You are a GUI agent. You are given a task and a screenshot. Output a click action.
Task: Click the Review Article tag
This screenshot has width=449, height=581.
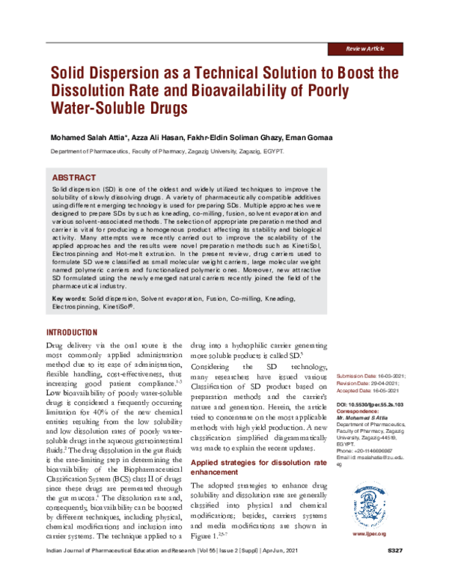364,48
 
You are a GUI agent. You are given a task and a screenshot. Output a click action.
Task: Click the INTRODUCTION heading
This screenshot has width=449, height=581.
72,332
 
